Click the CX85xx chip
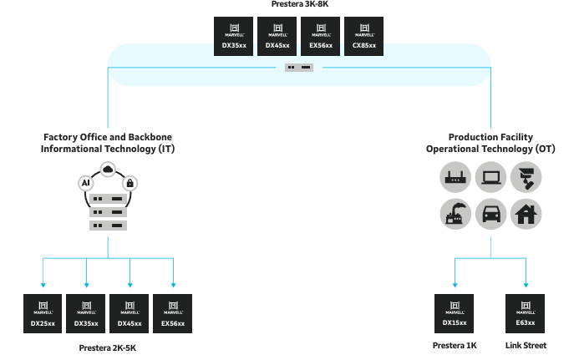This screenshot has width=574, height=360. tap(364, 36)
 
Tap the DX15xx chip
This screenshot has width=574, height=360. tap(455, 314)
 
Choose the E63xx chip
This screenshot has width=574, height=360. tap(526, 314)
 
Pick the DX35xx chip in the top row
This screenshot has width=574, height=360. tap(234, 36)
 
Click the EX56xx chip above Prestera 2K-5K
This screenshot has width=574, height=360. tap(173, 314)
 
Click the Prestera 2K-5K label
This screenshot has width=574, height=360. tap(108, 347)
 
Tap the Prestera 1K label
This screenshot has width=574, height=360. tap(455, 345)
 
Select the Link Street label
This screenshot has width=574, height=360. tap(526, 345)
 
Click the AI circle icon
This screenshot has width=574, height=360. tap(85, 182)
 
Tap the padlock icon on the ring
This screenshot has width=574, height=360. tap(130, 182)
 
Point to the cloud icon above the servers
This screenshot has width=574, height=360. tap(108, 170)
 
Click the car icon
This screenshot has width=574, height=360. tap(490, 214)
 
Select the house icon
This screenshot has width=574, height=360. tap(526, 214)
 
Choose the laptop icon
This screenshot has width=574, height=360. tap(490, 177)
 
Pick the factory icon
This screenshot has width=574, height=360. tap(454, 214)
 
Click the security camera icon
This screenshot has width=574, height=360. tap(526, 177)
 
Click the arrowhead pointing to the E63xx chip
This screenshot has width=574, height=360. tap(526, 285)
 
